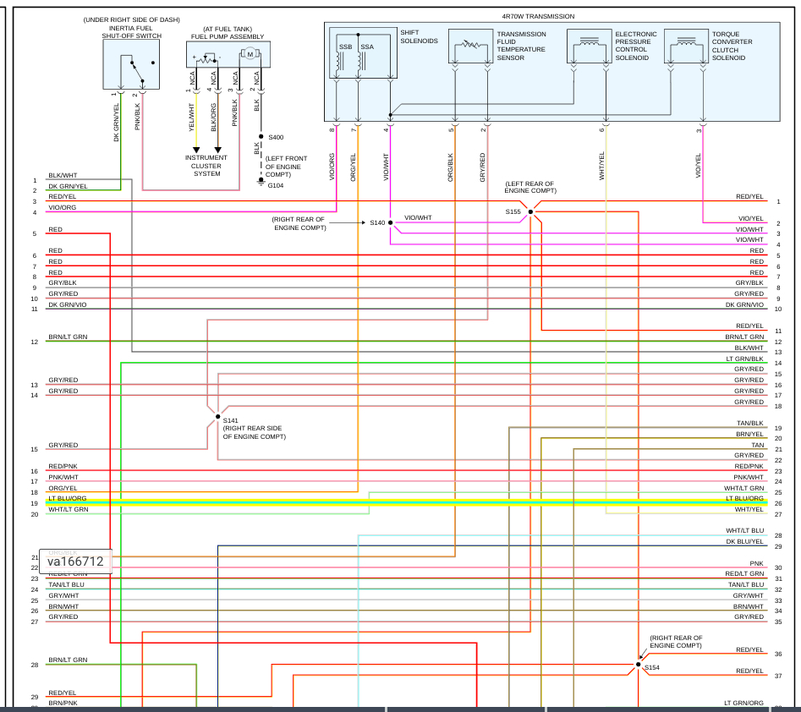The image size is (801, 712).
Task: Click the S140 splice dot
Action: [390, 222]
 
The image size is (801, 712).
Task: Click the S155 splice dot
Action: [530, 211]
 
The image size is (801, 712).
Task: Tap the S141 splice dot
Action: [217, 417]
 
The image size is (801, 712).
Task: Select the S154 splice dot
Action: [639, 665]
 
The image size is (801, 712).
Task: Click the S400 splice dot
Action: [261, 136]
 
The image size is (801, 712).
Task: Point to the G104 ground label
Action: [276, 185]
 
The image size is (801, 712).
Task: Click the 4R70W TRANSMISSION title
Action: [537, 16]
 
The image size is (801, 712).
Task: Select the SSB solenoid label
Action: [345, 47]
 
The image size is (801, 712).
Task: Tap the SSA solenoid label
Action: [367, 47]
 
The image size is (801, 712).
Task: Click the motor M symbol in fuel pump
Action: [250, 55]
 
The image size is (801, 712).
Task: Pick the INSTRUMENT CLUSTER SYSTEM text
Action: [207, 166]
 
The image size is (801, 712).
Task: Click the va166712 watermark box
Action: [75, 561]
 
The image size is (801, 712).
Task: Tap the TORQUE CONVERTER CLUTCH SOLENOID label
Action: [732, 46]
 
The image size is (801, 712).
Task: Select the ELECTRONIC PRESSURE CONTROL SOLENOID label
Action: [635, 46]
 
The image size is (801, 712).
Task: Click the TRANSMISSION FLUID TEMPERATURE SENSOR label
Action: [521, 46]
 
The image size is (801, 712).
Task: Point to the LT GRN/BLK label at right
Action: [744, 359]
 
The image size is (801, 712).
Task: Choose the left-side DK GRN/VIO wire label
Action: [68, 304]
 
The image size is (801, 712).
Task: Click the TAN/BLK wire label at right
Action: [750, 423]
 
